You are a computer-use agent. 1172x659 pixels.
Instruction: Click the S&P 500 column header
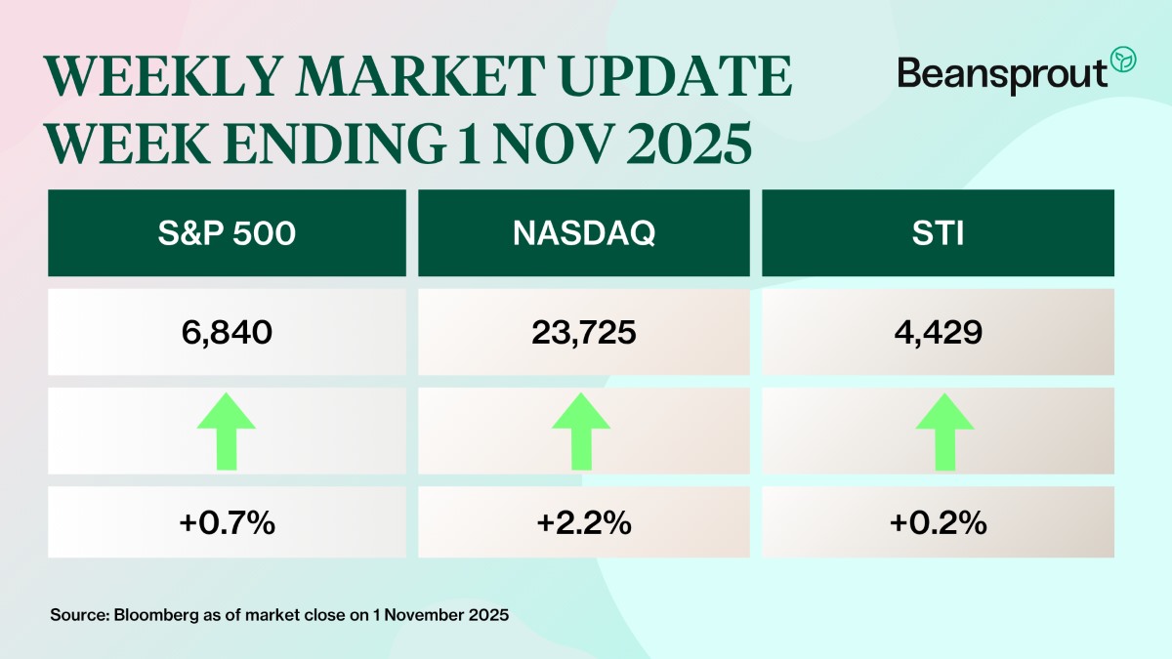tap(227, 234)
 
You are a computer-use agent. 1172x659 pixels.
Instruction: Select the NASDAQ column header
tap(582, 234)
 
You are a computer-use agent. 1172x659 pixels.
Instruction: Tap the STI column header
tap(937, 234)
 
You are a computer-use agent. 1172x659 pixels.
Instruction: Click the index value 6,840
tap(227, 332)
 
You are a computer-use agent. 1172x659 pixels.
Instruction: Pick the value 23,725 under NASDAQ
tap(582, 332)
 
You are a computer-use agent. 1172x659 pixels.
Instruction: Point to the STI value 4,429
tap(937, 332)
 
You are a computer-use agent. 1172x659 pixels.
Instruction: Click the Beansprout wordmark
tap(1002, 73)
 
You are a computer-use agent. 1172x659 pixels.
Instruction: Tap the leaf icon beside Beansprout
tap(1124, 58)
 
